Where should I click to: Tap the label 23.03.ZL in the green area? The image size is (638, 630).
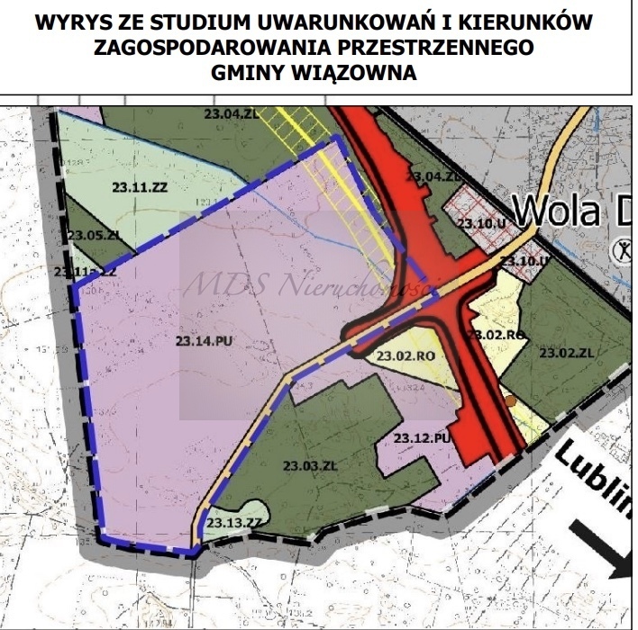click(x=308, y=465)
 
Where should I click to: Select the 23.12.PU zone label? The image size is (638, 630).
click(x=422, y=437)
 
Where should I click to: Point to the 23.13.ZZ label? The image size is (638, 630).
click(x=232, y=521)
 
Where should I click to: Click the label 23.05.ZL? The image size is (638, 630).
click(x=93, y=235)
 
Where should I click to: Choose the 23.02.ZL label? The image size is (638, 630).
click(x=568, y=353)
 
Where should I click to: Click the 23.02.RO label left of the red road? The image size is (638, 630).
click(x=406, y=355)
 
